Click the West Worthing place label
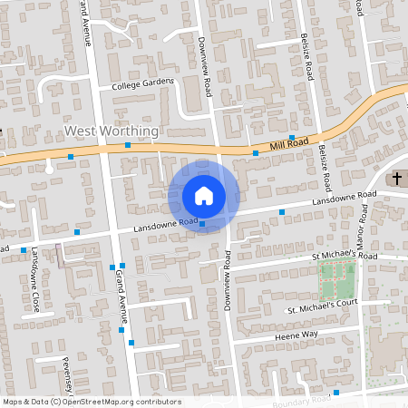click(x=112, y=131)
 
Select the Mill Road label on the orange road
click(x=289, y=143)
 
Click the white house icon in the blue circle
click(x=203, y=195)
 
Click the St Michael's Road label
click(x=345, y=257)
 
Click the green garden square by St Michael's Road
click(x=339, y=280)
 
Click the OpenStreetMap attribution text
click(x=91, y=402)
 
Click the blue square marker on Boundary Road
click(x=335, y=393)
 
